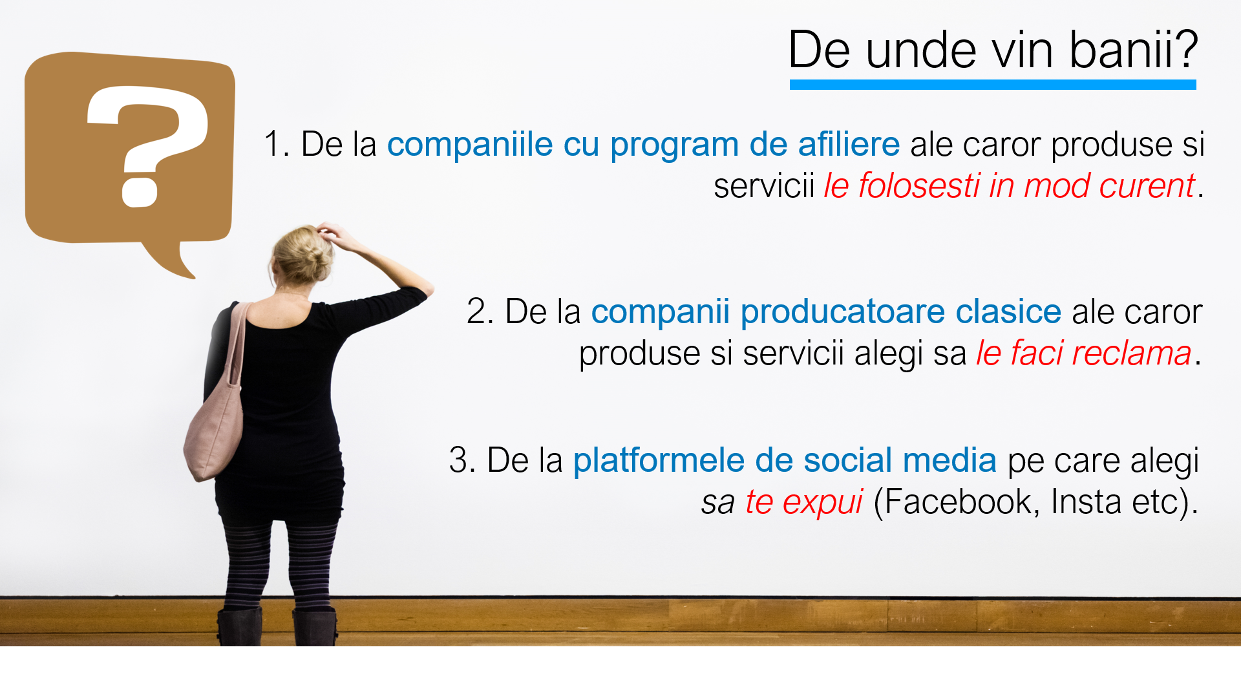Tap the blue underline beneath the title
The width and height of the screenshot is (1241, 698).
point(993,85)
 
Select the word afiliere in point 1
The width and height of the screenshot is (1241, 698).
point(849,143)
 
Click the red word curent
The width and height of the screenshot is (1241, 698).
point(1147,186)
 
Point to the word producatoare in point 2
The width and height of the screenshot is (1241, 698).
point(843,312)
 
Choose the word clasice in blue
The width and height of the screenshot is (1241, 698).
point(1008,312)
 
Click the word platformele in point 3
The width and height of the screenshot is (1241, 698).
point(659,461)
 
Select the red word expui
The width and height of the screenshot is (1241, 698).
point(823,502)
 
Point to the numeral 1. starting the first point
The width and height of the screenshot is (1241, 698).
point(277,143)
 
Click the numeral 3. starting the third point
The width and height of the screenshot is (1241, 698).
point(462,460)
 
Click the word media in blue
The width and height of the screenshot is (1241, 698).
point(949,460)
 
